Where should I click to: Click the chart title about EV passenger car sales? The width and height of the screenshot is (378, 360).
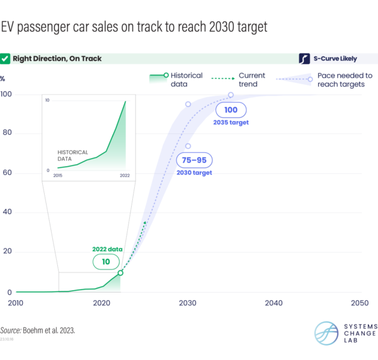(134, 27)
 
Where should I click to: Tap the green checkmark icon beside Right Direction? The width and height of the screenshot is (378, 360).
(6, 59)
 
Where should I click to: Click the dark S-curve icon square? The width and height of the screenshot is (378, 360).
(305, 59)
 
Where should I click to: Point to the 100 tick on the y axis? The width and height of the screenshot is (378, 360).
(8, 94)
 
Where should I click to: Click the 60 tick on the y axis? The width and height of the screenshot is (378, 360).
(8, 173)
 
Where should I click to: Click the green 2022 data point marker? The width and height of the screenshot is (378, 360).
(120, 273)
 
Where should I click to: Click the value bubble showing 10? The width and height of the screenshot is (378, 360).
(105, 261)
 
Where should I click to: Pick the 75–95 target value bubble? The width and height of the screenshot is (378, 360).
(193, 160)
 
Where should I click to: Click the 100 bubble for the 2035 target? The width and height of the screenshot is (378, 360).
(232, 110)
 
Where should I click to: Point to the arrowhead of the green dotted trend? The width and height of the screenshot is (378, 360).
(146, 222)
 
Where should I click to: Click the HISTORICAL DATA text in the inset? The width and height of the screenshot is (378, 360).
(72, 155)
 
